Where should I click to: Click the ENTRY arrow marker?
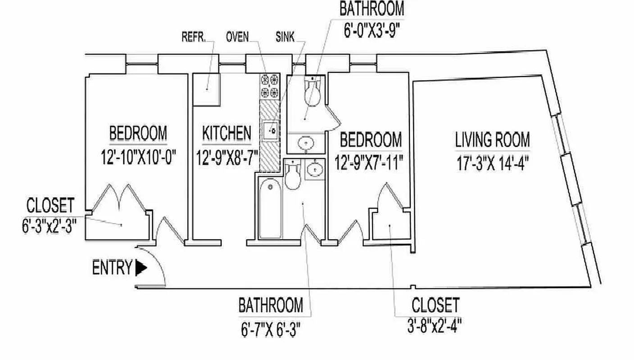pyautogui.click(x=141, y=268)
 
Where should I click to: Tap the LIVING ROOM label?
pyautogui.click(x=492, y=140)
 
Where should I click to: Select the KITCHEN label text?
pyautogui.click(x=226, y=134)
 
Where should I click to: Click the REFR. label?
pyautogui.click(x=194, y=37)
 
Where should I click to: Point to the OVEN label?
pyautogui.click(x=237, y=37)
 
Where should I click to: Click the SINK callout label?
pyautogui.click(x=285, y=37)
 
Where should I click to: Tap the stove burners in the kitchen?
pyautogui.click(x=270, y=86)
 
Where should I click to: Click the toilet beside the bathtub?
pyautogui.click(x=293, y=175)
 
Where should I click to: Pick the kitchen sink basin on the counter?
pyautogui.click(x=272, y=130)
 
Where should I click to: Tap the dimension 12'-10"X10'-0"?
pyautogui.click(x=138, y=158)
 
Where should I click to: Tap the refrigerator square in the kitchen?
pyautogui.click(x=206, y=90)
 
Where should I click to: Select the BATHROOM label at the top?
pyautogui.click(x=372, y=9)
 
